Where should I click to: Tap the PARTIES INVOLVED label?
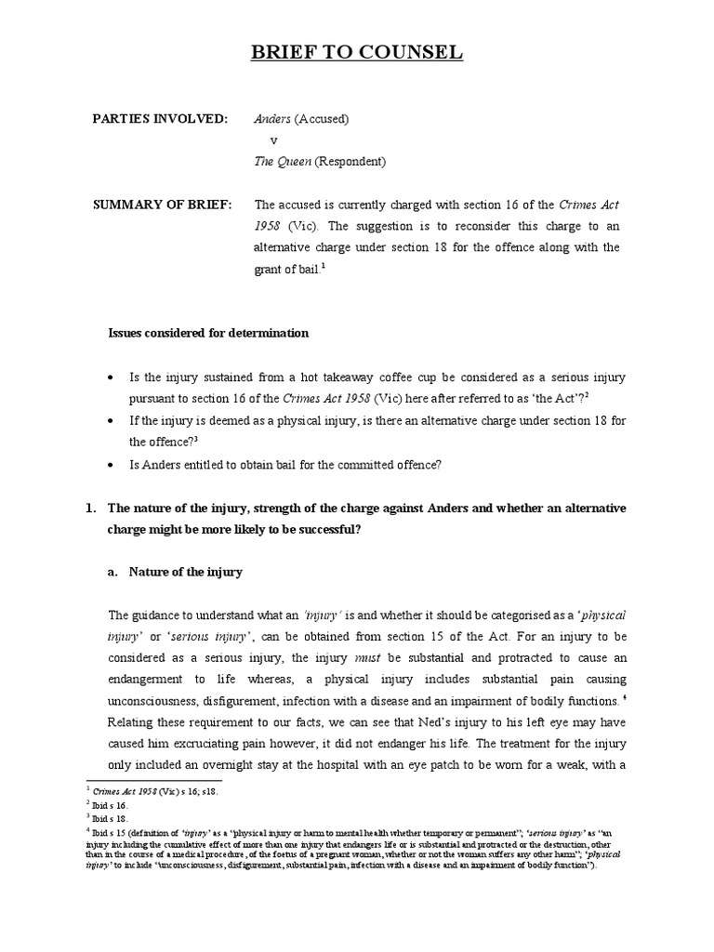pos(159,119)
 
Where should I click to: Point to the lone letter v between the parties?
pos(273,140)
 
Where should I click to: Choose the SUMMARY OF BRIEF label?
pos(163,205)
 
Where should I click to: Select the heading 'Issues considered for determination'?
pos(209,333)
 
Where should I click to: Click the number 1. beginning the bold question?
pos(91,509)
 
